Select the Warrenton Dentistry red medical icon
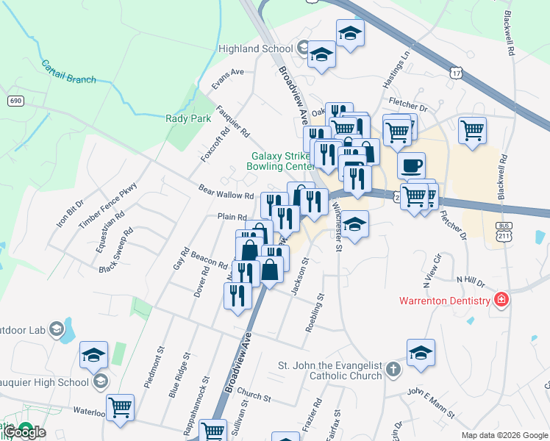click(501, 300)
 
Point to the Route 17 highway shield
click(457, 72)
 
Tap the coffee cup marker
click(412, 165)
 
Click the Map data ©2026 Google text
click(504, 435)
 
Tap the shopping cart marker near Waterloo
click(120, 406)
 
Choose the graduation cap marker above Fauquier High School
click(94, 355)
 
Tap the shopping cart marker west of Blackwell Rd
click(472, 131)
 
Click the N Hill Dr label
click(471, 280)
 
